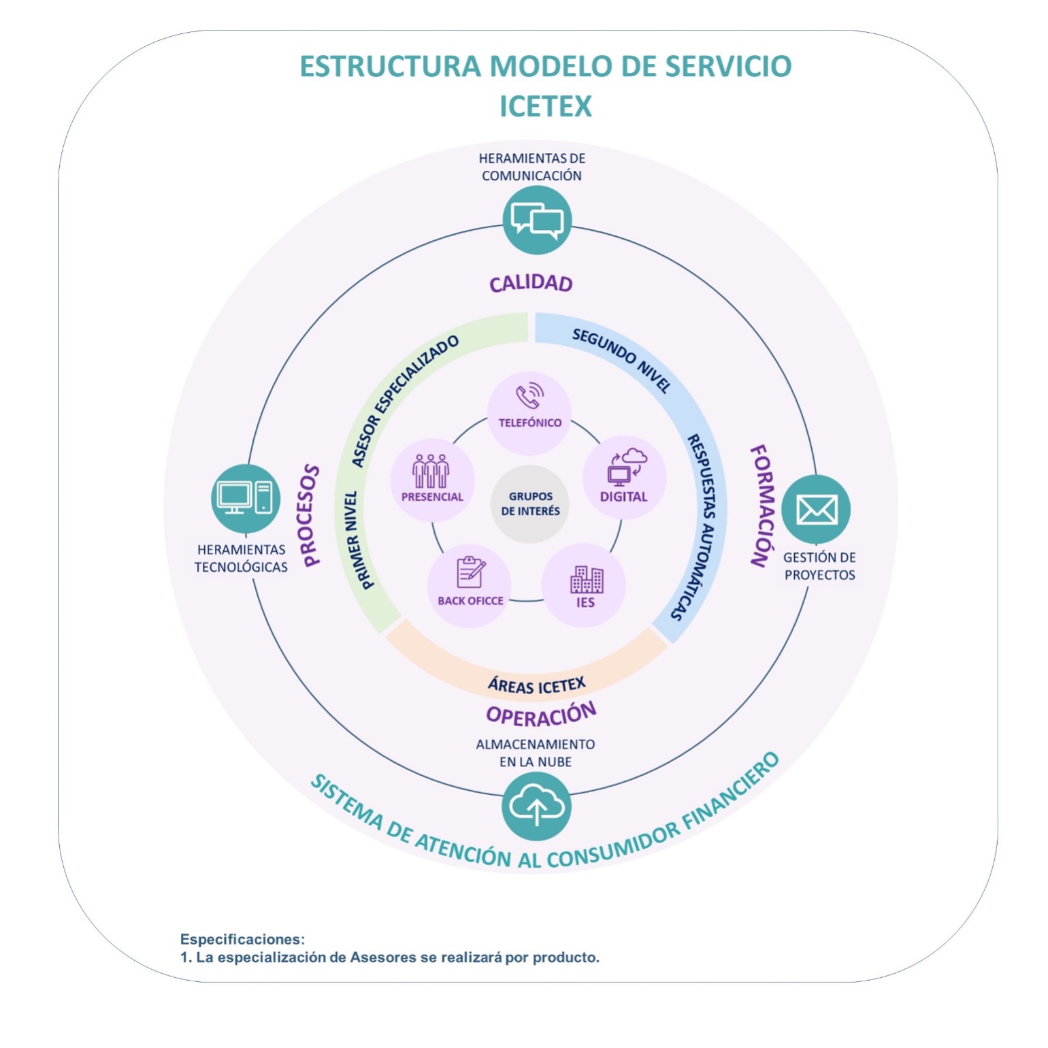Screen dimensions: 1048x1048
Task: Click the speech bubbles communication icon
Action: pyautogui.click(x=537, y=220)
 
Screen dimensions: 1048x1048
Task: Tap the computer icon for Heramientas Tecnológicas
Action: pyautogui.click(x=245, y=497)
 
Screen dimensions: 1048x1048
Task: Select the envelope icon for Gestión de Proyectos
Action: pyautogui.click(x=816, y=509)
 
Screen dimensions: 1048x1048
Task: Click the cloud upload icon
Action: pyautogui.click(x=536, y=806)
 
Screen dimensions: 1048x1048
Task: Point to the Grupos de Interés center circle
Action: pyautogui.click(x=530, y=504)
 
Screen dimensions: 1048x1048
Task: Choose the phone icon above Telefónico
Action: pyautogui.click(x=529, y=395)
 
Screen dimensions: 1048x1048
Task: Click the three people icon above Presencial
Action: pyautogui.click(x=431, y=470)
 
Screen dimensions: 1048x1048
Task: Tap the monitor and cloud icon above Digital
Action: pyautogui.click(x=626, y=465)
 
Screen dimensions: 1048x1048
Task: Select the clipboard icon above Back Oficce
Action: pyautogui.click(x=470, y=572)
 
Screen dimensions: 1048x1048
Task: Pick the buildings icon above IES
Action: pyautogui.click(x=586, y=579)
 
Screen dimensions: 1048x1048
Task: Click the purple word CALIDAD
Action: pyautogui.click(x=531, y=283)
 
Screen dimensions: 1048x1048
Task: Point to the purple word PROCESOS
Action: pyautogui.click(x=310, y=515)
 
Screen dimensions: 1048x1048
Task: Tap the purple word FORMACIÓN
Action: pyautogui.click(x=762, y=506)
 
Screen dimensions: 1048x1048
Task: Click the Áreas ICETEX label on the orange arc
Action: pyautogui.click(x=536, y=685)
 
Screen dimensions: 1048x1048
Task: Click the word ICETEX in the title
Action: pyautogui.click(x=545, y=106)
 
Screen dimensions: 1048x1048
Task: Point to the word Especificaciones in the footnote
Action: pyautogui.click(x=242, y=939)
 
